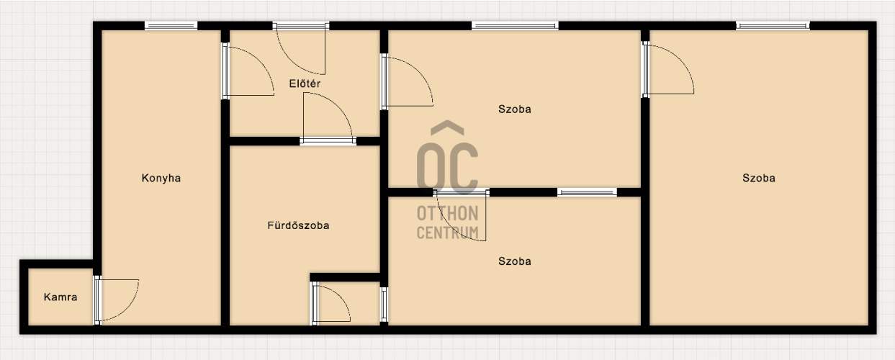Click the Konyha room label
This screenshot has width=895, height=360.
tap(161, 178)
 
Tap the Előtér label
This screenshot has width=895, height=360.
tap(305, 84)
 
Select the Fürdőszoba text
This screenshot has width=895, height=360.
tap(299, 225)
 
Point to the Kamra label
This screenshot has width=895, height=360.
tap(60, 297)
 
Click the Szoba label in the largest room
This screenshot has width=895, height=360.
tap(759, 178)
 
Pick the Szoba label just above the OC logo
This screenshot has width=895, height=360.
tap(515, 109)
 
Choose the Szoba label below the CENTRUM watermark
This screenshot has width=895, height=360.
tap(515, 261)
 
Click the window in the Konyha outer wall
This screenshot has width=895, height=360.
tap(171, 26)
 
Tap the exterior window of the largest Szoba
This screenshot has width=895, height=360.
tap(773, 26)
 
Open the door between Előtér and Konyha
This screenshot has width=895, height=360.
tap(248, 71)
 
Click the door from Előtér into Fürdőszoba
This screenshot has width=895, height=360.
tap(328, 118)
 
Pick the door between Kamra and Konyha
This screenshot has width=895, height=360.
tap(116, 300)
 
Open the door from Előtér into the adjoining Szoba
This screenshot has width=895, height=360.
tap(407, 81)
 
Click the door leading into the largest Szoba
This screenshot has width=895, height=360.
tap(667, 70)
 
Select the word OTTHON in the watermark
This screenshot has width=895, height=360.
tap(448, 213)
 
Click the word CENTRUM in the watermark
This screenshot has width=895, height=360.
tap(448, 233)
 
